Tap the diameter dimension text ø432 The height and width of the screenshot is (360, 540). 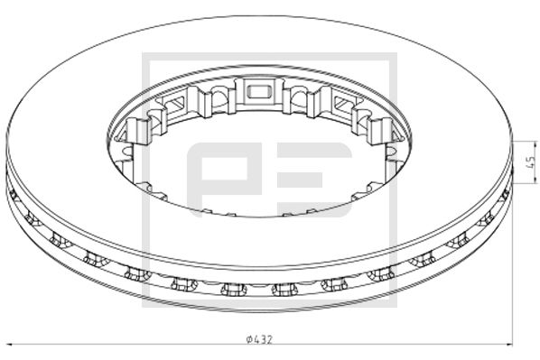(259, 339)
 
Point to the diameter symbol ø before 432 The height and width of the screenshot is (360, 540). (248, 339)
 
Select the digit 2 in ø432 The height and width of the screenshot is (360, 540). (269, 339)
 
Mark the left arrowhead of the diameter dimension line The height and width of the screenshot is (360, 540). (9, 345)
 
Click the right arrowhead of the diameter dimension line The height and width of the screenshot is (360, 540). (510, 345)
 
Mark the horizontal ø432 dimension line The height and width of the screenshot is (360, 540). (135, 345)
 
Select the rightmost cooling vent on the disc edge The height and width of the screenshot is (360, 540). (505, 192)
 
